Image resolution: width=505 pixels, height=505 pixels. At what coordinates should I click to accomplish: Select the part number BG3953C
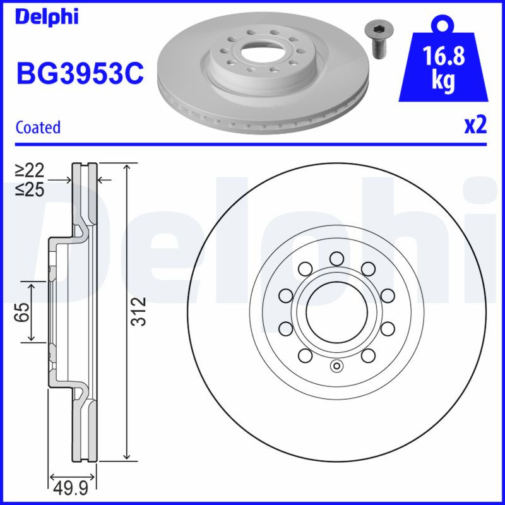coord(80,74)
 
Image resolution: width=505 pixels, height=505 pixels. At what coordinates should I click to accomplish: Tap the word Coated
coord(38,128)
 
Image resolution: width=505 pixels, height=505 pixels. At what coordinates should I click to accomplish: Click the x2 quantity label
coord(475,126)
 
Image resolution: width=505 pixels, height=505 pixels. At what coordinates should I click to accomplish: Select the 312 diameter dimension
coord(141,311)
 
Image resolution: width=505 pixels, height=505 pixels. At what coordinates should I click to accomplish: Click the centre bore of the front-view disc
coord(336,311)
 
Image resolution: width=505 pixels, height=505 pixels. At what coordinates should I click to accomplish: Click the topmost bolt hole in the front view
coord(336,257)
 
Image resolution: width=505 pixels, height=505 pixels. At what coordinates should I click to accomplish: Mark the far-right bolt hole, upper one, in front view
coord(388,295)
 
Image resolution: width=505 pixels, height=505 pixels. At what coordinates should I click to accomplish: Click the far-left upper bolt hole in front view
coord(284,295)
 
